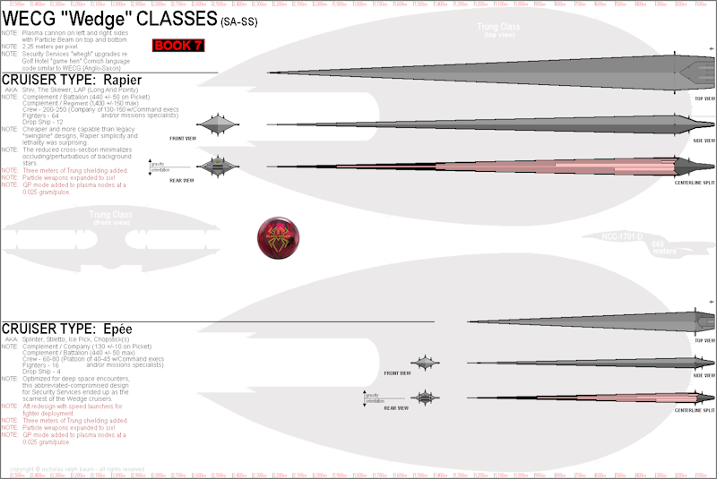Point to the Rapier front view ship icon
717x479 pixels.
tap(218, 125)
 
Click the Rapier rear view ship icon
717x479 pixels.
tap(218, 166)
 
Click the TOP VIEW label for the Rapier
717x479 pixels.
tap(704, 98)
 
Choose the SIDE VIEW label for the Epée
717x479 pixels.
tap(704, 375)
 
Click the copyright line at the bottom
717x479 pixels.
tap(77, 469)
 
